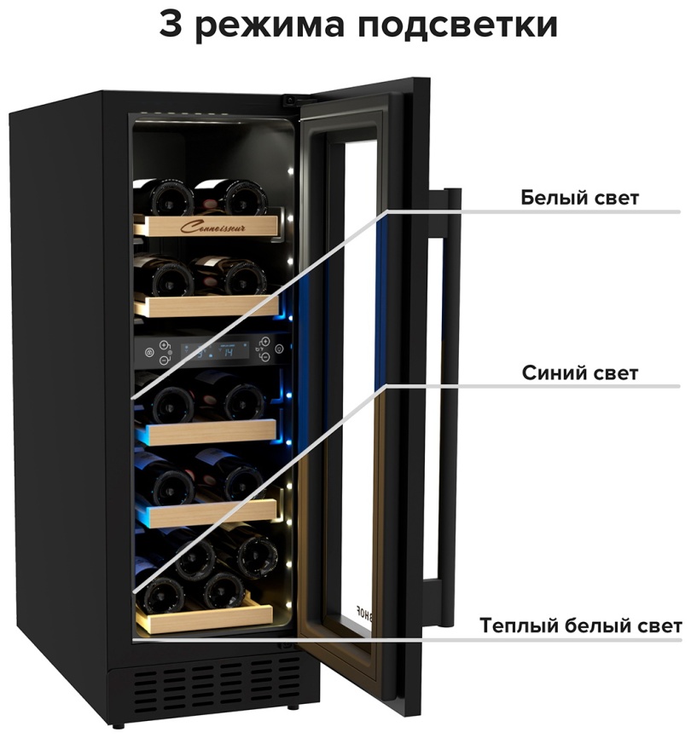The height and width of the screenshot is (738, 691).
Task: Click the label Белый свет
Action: tap(580, 198)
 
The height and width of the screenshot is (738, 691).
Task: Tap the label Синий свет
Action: tap(580, 373)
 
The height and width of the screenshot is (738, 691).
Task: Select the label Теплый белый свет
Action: tap(580, 626)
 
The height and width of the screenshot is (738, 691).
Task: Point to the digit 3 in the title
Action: tap(172, 24)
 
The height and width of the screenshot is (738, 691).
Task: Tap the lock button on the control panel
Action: tap(150, 351)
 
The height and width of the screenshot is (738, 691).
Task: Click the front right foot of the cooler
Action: tap(293, 707)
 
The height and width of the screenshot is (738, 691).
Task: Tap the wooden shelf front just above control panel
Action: tap(205, 304)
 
